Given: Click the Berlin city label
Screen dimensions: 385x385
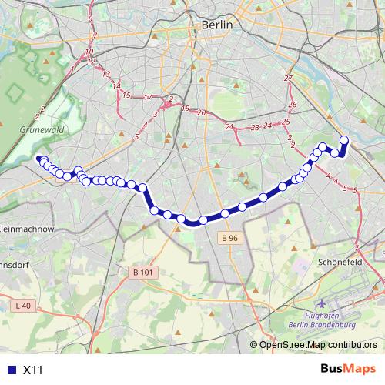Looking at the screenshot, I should (x=216, y=25).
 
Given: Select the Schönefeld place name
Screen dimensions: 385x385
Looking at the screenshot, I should (x=340, y=262).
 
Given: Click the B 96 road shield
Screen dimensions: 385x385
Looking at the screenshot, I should (x=229, y=239).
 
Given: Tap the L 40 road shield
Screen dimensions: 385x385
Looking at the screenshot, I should (x=23, y=306).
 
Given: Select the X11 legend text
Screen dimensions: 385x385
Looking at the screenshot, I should (x=33, y=370).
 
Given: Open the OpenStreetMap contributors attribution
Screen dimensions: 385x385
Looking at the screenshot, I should (x=318, y=346).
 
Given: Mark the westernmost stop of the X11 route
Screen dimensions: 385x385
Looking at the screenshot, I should (x=39, y=159).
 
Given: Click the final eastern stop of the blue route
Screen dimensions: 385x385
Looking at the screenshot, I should (x=343, y=140).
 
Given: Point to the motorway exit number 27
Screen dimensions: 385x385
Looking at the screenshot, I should (x=289, y=79).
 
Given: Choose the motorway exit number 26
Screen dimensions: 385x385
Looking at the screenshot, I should (x=292, y=105).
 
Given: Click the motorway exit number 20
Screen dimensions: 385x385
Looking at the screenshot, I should (x=201, y=113).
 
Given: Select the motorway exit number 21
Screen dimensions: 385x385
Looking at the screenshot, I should (x=229, y=126).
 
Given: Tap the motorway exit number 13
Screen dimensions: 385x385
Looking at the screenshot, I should (x=106, y=75).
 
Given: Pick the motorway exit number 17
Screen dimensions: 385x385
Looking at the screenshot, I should (x=148, y=98).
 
